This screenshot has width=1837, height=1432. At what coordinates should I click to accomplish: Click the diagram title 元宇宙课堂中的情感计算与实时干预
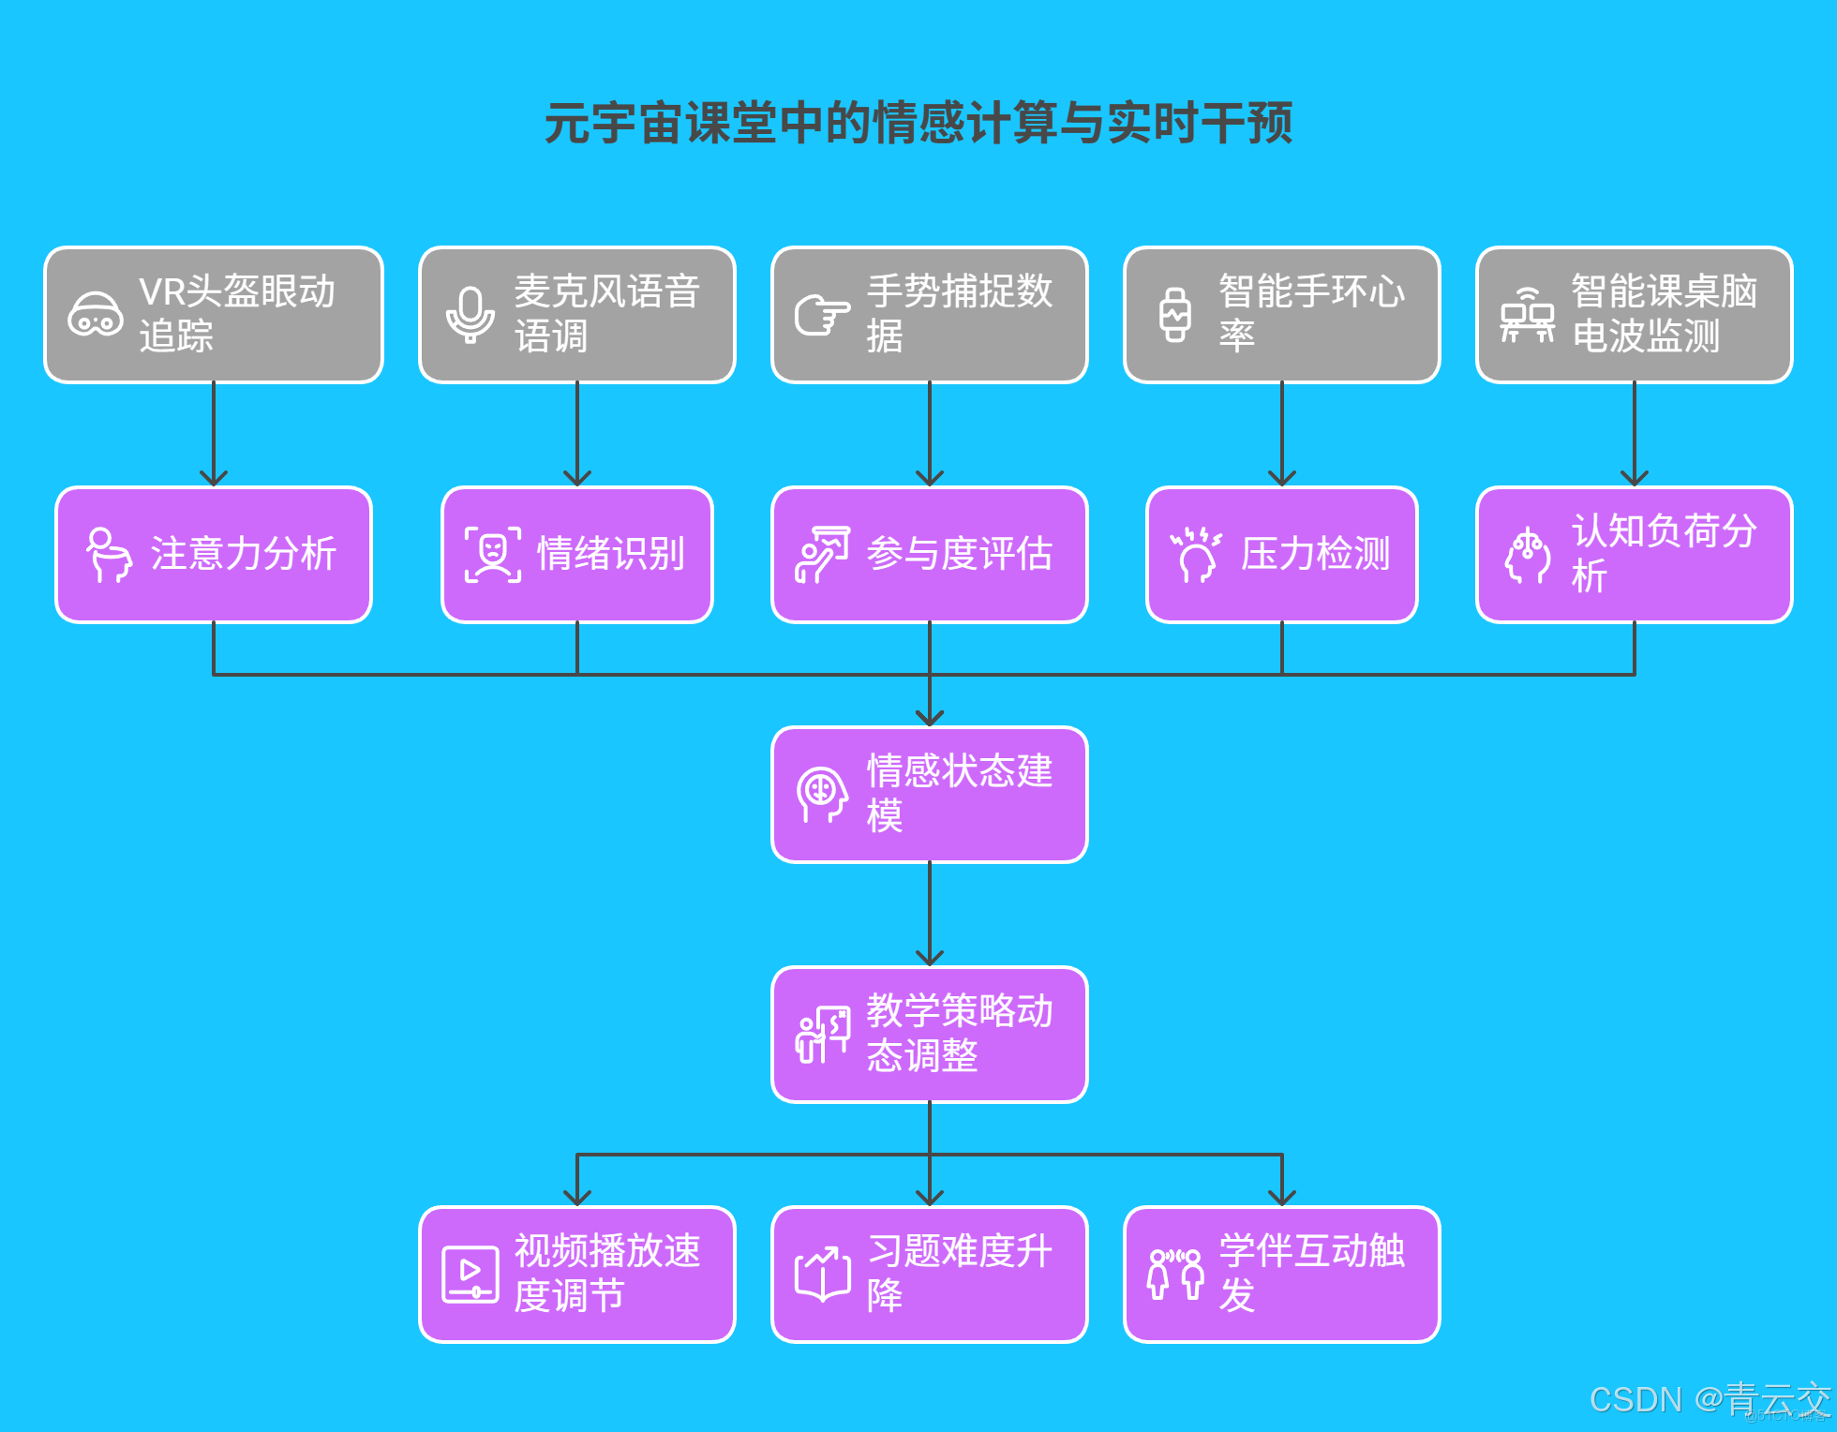pyautogui.click(x=918, y=123)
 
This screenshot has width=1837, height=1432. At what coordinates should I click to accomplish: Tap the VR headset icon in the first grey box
pyautogui.click(x=95, y=315)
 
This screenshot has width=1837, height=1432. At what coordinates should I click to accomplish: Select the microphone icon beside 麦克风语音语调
pyautogui.click(x=470, y=315)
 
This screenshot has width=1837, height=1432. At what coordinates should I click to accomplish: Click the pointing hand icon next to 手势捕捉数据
pyautogui.click(x=822, y=315)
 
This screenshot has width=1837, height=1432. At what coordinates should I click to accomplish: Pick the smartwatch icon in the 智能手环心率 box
pyautogui.click(x=1174, y=315)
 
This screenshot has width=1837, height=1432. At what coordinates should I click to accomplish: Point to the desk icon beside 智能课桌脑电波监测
pyautogui.click(x=1527, y=315)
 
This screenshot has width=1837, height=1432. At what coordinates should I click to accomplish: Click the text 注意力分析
pyautogui.click(x=243, y=554)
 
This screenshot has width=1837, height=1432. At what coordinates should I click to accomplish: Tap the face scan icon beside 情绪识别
pyautogui.click(x=492, y=555)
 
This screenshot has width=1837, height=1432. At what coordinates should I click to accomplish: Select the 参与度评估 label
pyautogui.click(x=959, y=554)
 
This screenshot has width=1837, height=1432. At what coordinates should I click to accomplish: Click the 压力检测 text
pyautogui.click(x=1315, y=554)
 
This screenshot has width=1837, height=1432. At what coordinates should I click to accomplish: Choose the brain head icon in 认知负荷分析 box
pyautogui.click(x=1527, y=555)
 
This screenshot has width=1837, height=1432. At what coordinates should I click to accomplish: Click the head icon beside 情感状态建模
pyautogui.click(x=822, y=795)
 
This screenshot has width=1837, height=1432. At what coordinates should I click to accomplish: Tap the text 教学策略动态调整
pyautogui.click(x=959, y=1034)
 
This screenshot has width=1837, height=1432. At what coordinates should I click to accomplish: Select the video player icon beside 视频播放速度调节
pyautogui.click(x=470, y=1275)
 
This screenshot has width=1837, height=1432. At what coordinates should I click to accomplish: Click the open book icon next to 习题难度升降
pyautogui.click(x=822, y=1275)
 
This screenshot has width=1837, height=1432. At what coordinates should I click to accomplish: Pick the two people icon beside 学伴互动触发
pyautogui.click(x=1174, y=1275)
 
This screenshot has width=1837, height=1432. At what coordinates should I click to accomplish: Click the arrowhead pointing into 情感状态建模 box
pyautogui.click(x=929, y=717)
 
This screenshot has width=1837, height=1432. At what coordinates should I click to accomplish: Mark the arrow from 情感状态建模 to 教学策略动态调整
pyautogui.click(x=929, y=914)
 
